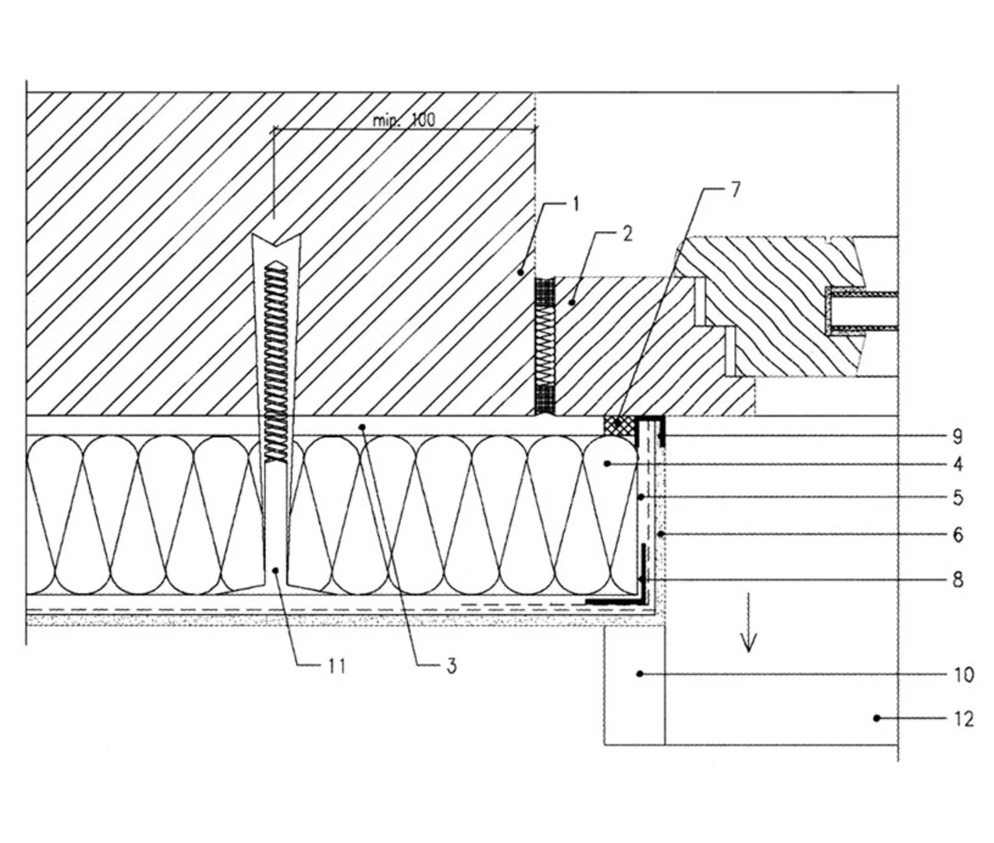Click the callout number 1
tap(576, 205)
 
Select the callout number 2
tap(628, 233)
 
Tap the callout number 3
tap(451, 666)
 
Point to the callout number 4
tap(958, 464)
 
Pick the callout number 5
tap(958, 497)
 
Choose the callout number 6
tap(958, 535)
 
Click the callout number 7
tap(735, 190)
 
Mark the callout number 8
tap(958, 579)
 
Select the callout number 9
tap(958, 436)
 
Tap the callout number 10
tap(964, 674)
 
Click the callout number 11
tap(336, 666)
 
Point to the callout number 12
tap(964, 718)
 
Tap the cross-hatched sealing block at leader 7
tap(619, 425)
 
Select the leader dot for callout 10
tap(640, 673)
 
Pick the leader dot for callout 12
tap(876, 717)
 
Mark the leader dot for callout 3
tap(361, 425)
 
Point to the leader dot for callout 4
tap(606, 464)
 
